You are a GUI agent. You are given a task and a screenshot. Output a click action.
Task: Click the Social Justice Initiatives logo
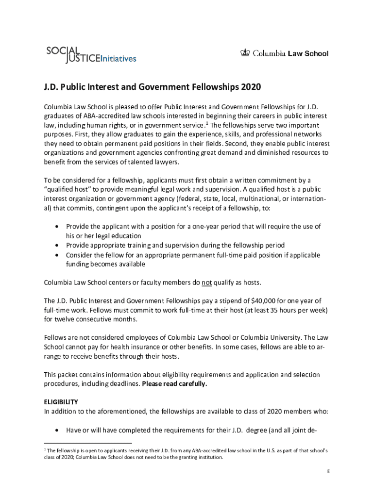(91, 54)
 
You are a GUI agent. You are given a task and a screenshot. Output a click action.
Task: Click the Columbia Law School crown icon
(245, 53)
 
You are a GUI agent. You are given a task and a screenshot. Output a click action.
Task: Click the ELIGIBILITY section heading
(61, 402)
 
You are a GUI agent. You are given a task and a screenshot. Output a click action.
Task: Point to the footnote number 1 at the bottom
(45, 450)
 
